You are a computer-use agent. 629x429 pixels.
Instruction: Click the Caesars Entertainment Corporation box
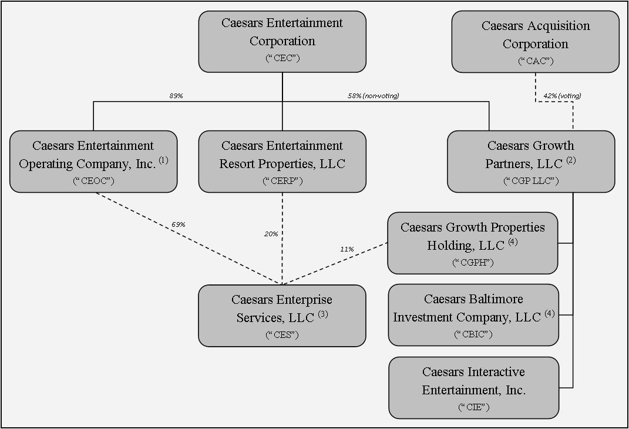coord(282,41)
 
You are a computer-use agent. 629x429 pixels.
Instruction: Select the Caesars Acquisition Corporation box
coord(535,42)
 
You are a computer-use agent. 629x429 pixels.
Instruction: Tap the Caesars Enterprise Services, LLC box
coord(282,316)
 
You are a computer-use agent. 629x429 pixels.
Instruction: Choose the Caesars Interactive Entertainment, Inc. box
coord(473,387)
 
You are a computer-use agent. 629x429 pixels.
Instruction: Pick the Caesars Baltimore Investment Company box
coord(473,315)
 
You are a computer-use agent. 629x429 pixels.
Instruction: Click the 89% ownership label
coord(176,96)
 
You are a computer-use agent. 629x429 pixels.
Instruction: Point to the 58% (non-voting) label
coord(373,96)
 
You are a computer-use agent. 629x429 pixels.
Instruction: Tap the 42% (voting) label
coord(562,96)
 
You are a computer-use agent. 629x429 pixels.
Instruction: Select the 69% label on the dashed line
coord(178,224)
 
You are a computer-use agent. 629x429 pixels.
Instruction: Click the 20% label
coord(271,234)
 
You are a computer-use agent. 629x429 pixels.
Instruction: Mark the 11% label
coord(347,249)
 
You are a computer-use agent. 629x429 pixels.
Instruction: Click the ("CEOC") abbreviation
coord(93,180)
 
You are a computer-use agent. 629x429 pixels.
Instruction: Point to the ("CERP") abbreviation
coord(282,180)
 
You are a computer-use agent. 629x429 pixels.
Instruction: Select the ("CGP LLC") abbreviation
coord(531,180)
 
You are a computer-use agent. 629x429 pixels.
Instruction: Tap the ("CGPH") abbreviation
coord(473,262)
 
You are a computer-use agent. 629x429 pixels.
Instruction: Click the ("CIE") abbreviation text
coord(473,407)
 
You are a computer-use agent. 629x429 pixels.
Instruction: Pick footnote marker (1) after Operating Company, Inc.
coord(163,160)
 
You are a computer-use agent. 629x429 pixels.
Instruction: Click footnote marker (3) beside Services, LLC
coord(323,314)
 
